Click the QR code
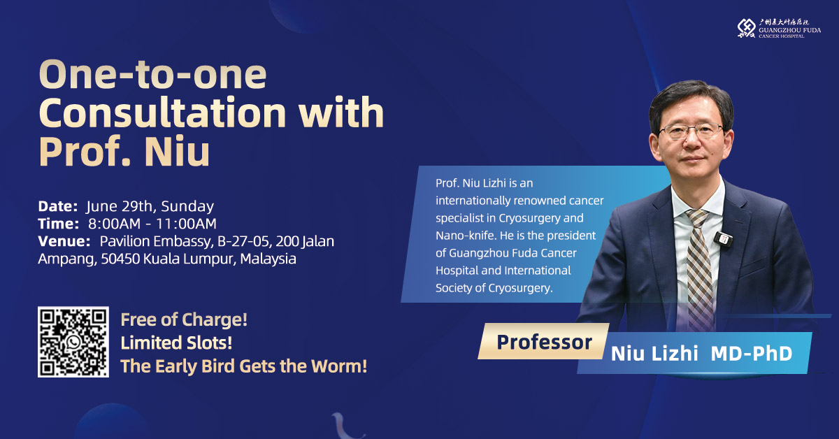pyautogui.click(x=73, y=342)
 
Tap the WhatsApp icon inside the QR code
pyautogui.click(x=73, y=342)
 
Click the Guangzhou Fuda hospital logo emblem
pyautogui.click(x=746, y=28)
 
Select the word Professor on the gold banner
pyautogui.click(x=544, y=342)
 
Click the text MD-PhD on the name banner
pyautogui.click(x=752, y=354)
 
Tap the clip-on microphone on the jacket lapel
pyautogui.click(x=723, y=239)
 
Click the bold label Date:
pyautogui.click(x=57, y=206)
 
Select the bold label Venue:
pyautogui.click(x=64, y=241)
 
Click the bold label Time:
pyautogui.click(x=59, y=224)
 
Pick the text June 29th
pyautogui.click(x=121, y=207)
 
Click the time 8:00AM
pyautogui.click(x=114, y=224)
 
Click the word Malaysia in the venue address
pyautogui.click(x=268, y=259)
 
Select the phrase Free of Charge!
pyautogui.click(x=184, y=320)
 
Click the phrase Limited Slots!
pyautogui.click(x=176, y=343)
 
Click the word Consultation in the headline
pyautogui.click(x=162, y=113)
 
